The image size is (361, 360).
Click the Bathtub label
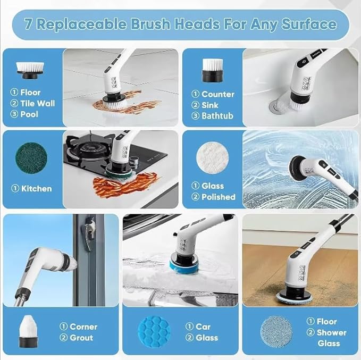(x=217, y=116)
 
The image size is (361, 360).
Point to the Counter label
(x=217, y=94)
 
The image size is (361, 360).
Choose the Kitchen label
(x=36, y=188)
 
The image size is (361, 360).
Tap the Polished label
(x=218, y=197)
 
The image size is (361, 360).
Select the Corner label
(x=83, y=326)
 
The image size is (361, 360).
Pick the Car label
(x=203, y=326)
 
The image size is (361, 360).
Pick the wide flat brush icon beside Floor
(x=31, y=68)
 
